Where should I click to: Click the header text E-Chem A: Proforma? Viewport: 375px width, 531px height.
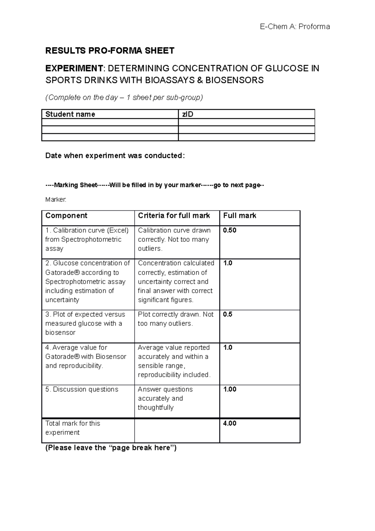[295, 27]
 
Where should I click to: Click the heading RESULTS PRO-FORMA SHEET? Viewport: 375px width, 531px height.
[110, 51]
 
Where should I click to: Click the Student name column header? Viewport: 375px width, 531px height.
[70, 114]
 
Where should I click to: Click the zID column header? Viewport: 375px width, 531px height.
[187, 114]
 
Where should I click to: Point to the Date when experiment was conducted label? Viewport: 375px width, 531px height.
[115, 156]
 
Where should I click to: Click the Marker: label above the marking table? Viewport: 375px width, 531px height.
[56, 199]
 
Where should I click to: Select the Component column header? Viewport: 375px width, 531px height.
[66, 215]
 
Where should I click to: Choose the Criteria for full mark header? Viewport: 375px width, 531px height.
[174, 215]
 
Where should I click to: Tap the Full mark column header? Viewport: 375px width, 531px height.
[239, 215]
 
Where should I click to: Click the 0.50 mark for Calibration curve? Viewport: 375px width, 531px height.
[229, 230]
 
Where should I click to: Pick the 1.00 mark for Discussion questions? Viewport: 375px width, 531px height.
[229, 389]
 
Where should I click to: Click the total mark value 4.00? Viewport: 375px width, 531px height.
[229, 423]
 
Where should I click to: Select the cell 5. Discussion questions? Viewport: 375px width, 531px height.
[82, 389]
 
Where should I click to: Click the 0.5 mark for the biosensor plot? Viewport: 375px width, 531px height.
[227, 314]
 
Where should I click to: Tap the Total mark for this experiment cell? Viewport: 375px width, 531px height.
[72, 428]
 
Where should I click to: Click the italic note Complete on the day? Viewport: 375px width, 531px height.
[124, 98]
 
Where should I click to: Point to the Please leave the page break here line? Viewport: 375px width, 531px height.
[111, 448]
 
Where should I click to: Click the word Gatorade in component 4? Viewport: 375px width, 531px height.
[61, 357]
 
